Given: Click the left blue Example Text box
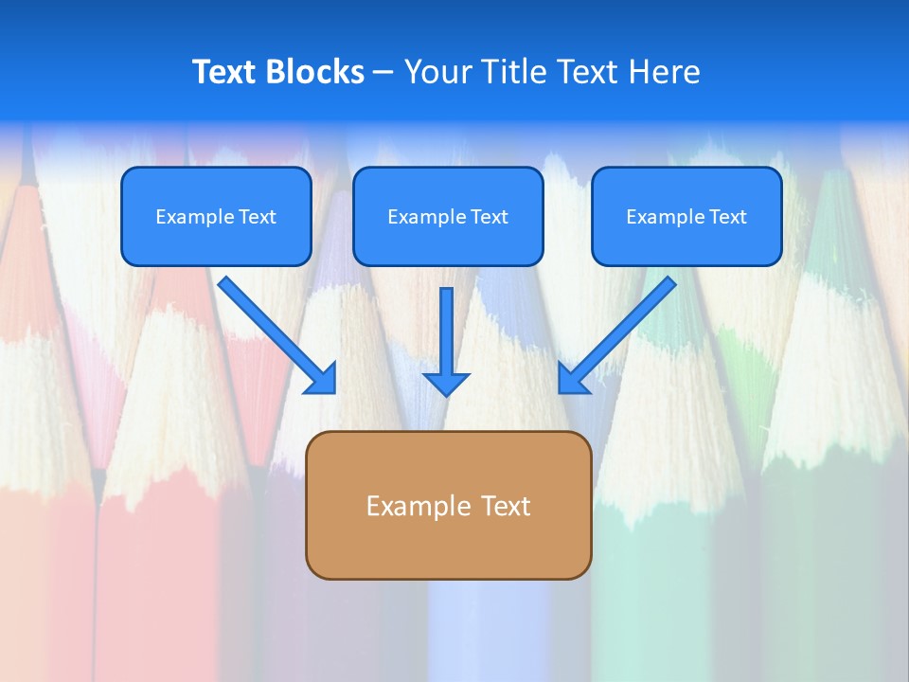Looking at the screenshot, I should (216, 216).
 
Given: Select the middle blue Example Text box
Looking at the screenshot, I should (448, 216).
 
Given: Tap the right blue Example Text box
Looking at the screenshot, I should (686, 216).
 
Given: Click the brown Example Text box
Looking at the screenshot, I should (448, 505).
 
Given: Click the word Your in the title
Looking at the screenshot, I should (437, 72).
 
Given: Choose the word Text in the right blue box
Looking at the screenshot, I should (728, 217).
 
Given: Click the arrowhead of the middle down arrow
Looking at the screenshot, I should (446, 384).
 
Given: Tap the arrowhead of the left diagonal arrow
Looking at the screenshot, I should (322, 379).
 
